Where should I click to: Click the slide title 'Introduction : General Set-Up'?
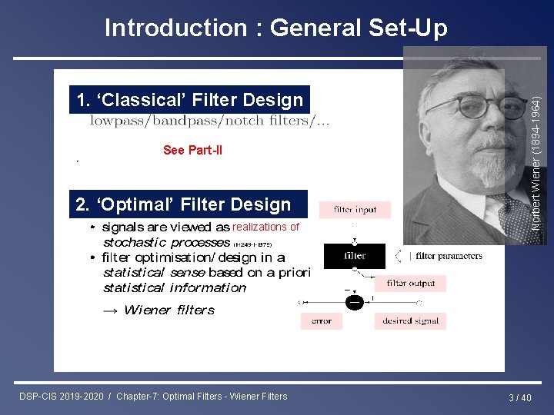(275, 28)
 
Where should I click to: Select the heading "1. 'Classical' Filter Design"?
(189, 100)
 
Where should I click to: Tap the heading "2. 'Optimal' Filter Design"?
(184, 204)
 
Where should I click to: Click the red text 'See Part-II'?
(192, 151)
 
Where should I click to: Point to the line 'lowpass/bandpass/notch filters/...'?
(210, 121)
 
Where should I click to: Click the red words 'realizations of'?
(265, 227)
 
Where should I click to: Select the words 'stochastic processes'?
(166, 242)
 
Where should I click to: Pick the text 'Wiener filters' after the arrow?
(169, 310)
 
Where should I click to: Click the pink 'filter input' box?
(355, 209)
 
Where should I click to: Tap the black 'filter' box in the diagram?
(355, 256)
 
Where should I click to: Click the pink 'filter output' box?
(410, 284)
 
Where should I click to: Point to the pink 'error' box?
(321, 321)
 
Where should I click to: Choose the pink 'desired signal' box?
(410, 321)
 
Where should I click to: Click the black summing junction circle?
(354, 302)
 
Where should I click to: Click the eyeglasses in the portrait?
(469, 108)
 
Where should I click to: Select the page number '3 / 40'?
(520, 397)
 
